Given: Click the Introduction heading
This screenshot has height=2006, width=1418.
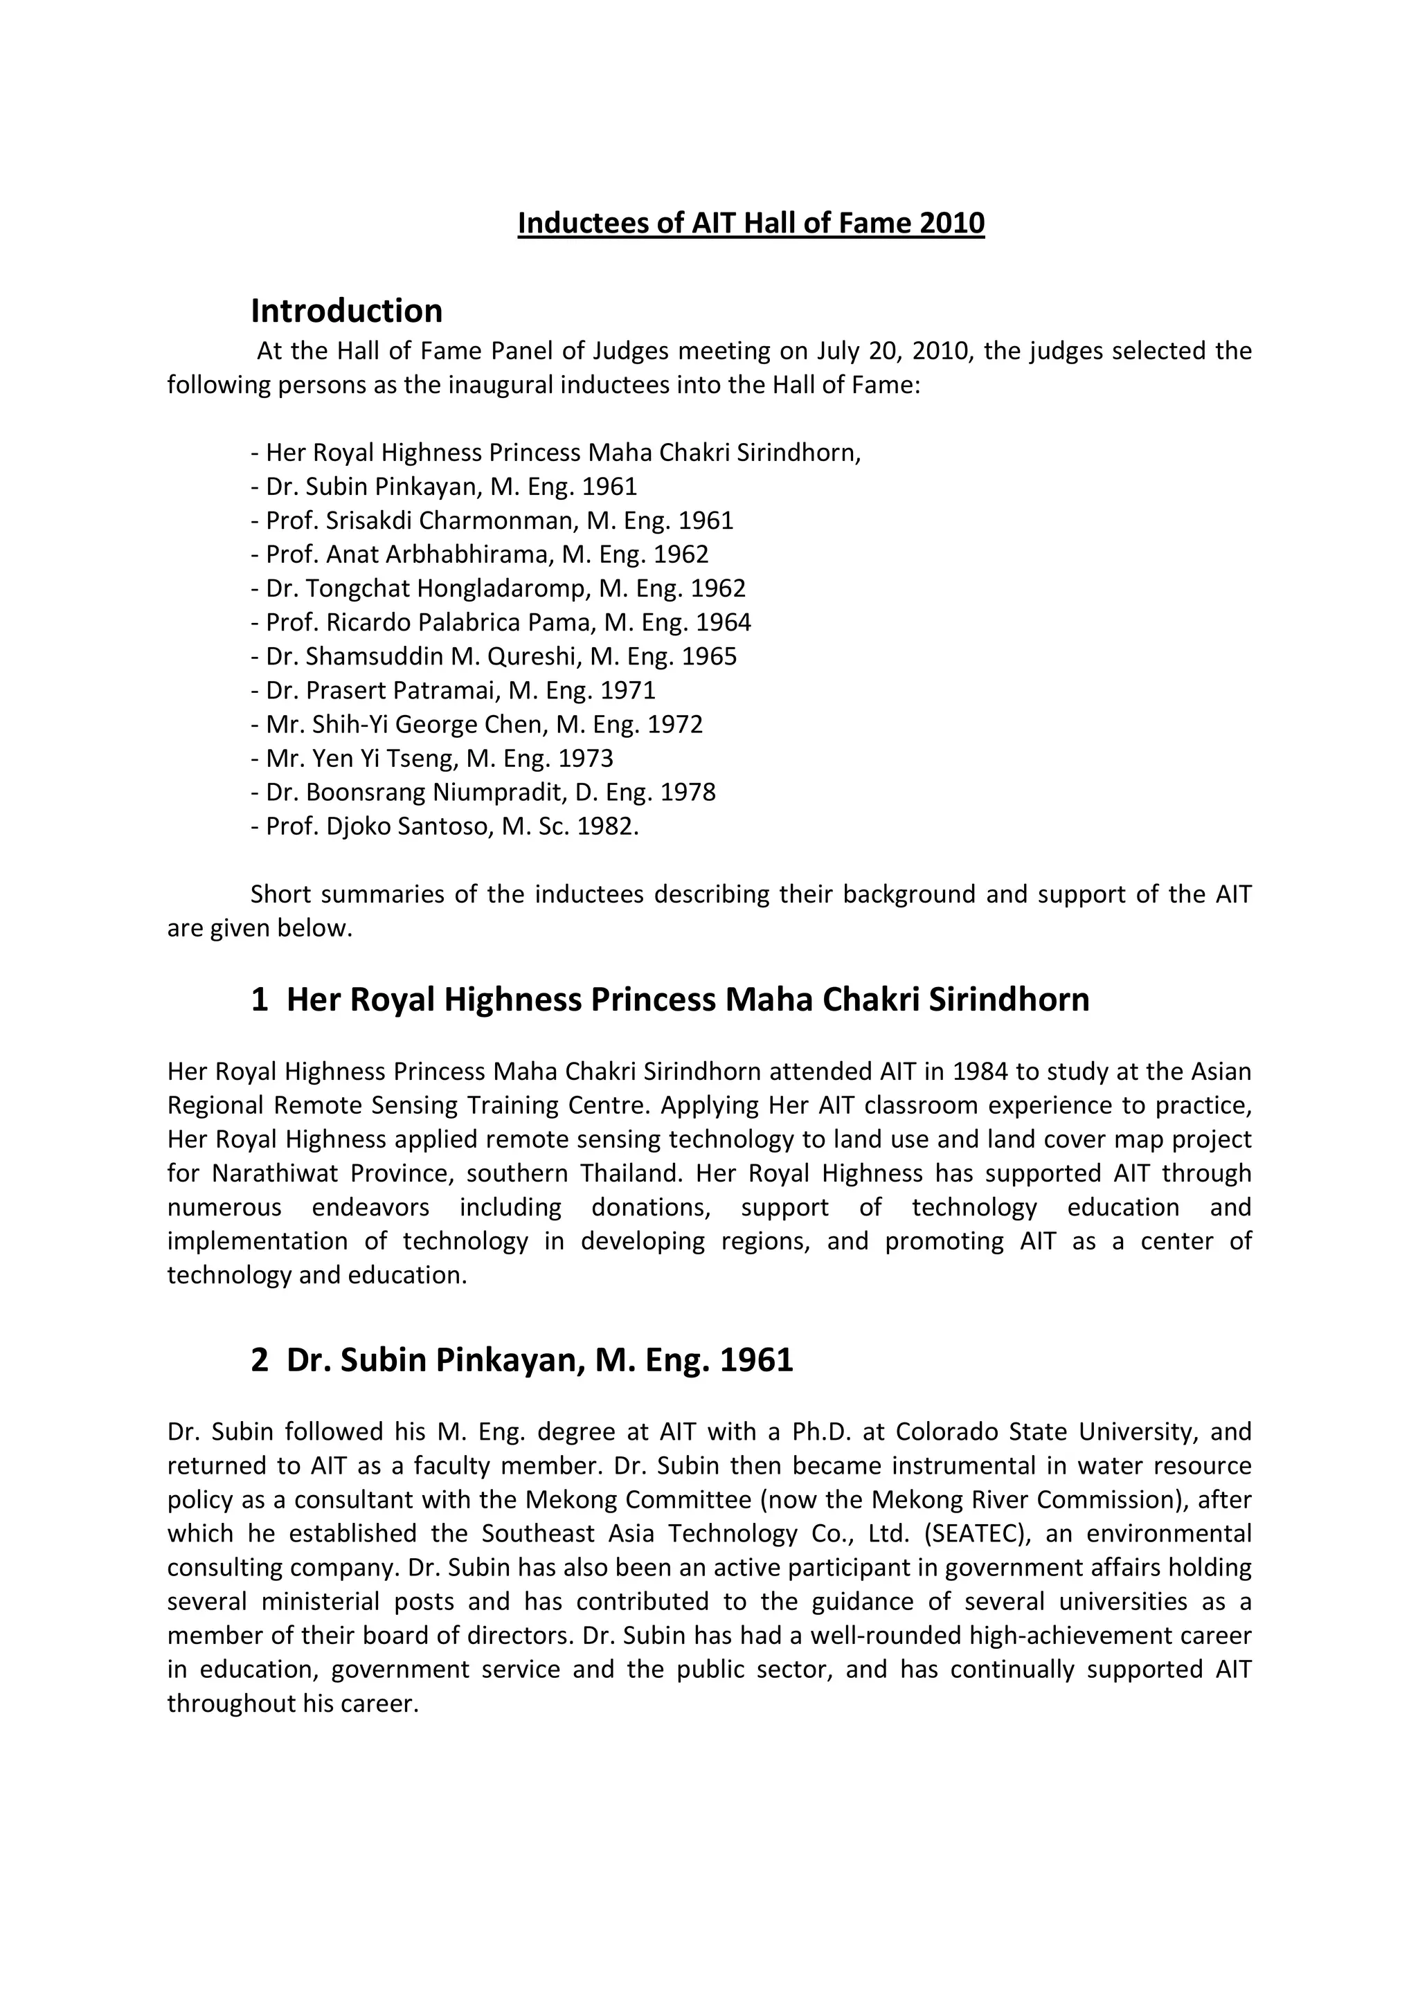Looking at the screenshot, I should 346,310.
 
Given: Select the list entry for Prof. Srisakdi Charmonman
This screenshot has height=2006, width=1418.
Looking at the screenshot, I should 492,521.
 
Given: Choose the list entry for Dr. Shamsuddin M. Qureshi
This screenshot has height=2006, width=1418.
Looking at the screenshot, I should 494,656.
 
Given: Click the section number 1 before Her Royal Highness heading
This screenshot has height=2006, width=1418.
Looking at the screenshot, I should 260,1000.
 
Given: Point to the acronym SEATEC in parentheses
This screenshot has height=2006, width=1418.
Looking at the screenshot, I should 968,1534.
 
